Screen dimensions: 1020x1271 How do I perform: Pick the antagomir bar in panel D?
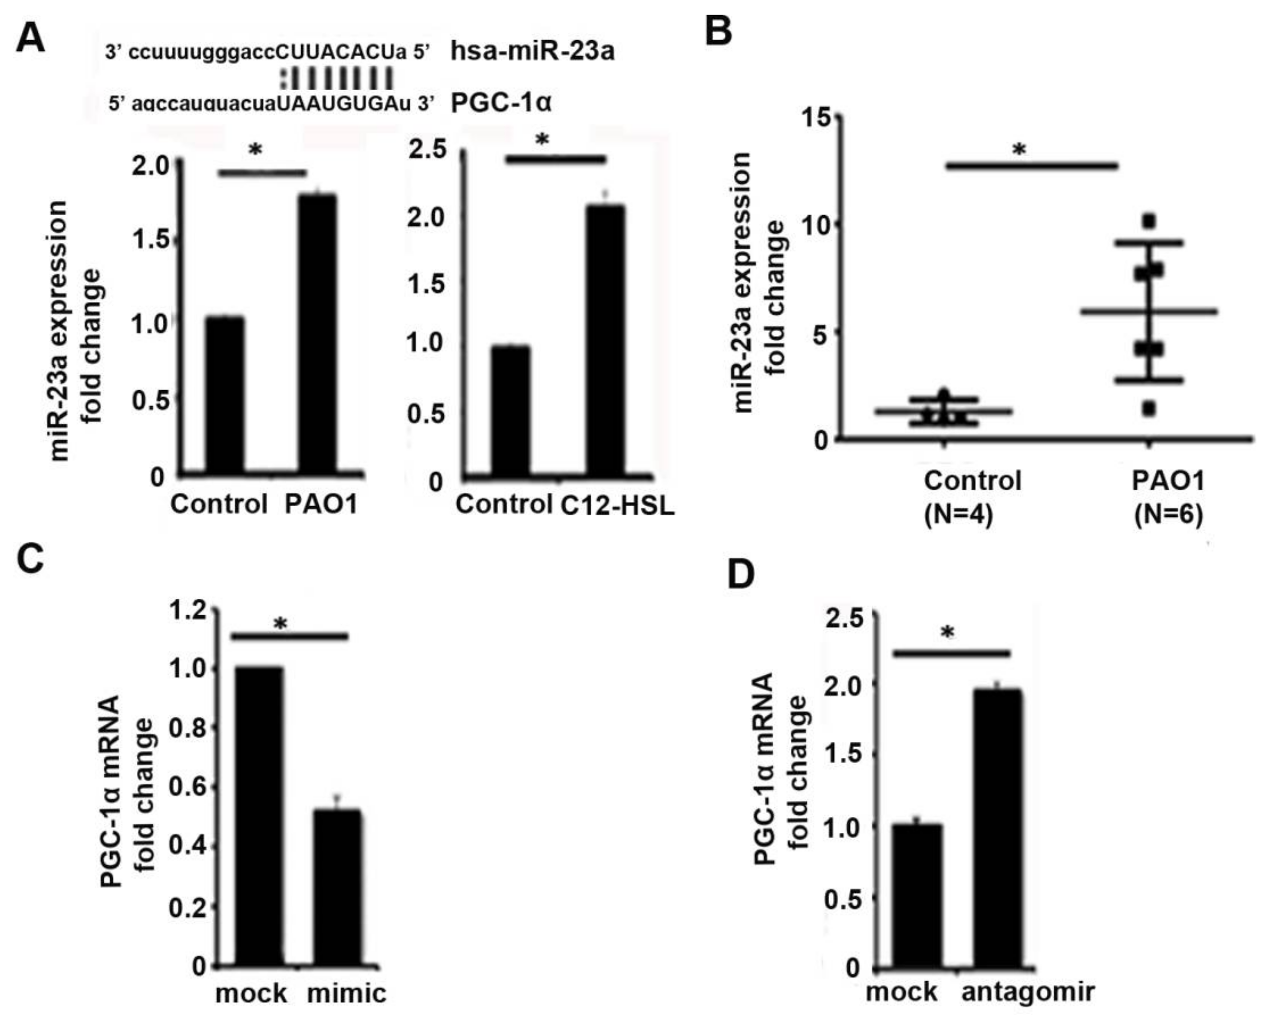coord(997,830)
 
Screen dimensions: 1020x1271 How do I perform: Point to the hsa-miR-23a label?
coord(532,51)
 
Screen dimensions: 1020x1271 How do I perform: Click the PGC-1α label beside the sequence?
coord(501,103)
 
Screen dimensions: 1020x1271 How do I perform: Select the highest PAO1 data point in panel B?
coord(1149,222)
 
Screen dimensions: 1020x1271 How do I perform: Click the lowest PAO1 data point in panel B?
coord(1148,408)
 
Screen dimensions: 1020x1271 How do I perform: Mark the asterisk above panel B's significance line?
coord(1019,150)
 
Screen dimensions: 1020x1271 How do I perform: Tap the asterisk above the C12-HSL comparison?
coord(542,140)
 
